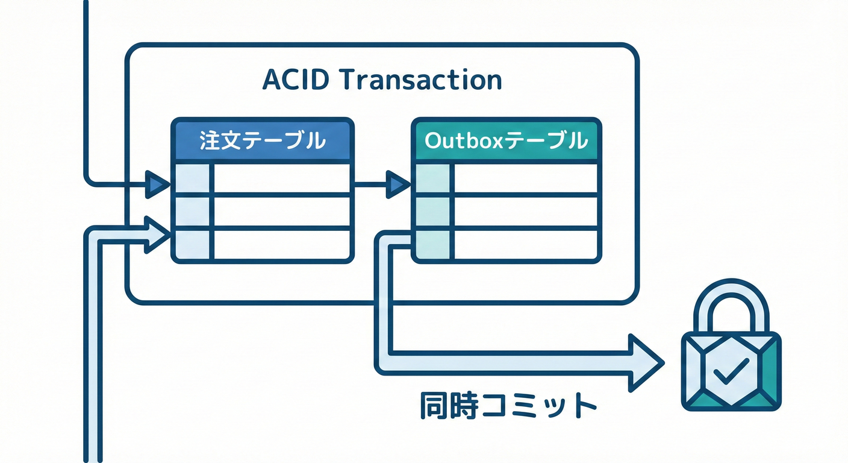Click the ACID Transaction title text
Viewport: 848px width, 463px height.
[x=382, y=80]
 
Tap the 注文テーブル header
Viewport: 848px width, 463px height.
[x=262, y=141]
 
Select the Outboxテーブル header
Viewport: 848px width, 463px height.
[x=506, y=141]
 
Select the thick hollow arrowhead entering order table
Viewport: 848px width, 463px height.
[x=155, y=235]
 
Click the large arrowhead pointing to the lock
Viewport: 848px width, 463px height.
[x=643, y=363]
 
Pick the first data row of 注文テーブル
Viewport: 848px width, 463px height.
[x=281, y=178]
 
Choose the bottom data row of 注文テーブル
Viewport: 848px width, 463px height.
[x=281, y=244]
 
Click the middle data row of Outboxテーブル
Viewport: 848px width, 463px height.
[x=525, y=211]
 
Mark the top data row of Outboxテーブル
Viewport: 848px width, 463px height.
[x=525, y=178]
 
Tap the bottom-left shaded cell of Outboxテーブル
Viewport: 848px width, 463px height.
[x=432, y=244]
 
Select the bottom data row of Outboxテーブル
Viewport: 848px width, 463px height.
[x=525, y=244]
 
